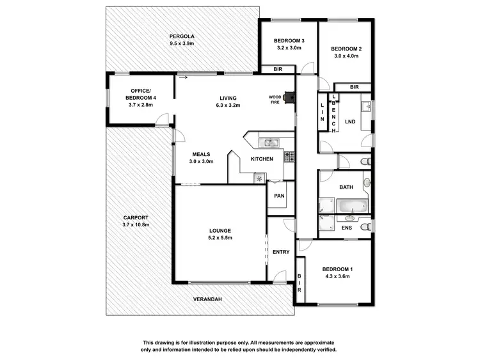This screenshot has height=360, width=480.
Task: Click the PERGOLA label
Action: pyautogui.click(x=182, y=36)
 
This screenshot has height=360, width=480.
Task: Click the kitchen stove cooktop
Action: pyautogui.click(x=289, y=155)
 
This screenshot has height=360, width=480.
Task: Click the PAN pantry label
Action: pyautogui.click(x=279, y=196)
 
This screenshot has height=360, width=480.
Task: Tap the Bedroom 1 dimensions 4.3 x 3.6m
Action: pyautogui.click(x=337, y=277)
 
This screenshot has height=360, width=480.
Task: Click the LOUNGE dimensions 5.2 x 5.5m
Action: pyautogui.click(x=220, y=238)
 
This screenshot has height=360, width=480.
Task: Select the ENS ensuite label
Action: pyautogui.click(x=346, y=228)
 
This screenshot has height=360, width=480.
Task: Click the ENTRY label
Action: pyautogui.click(x=281, y=252)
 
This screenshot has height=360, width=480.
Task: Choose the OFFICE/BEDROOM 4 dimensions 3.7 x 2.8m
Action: pyautogui.click(x=141, y=105)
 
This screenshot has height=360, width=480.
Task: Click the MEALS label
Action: pyautogui.click(x=201, y=154)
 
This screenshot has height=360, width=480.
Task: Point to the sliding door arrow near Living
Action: pyautogui.click(x=183, y=78)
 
